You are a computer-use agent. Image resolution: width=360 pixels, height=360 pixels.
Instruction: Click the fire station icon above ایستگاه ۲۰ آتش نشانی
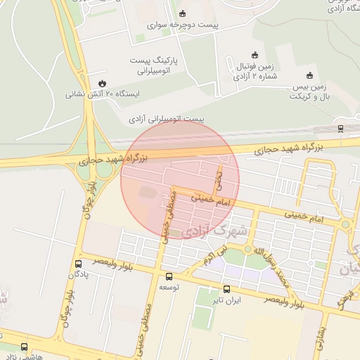103,83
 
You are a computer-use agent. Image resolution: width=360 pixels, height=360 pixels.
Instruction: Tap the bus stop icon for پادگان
78,264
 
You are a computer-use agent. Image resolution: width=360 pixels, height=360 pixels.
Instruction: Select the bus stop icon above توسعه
168,276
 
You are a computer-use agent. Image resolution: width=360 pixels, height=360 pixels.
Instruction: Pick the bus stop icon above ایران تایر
226,289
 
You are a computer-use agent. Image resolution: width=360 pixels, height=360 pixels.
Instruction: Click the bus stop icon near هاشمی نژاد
25,347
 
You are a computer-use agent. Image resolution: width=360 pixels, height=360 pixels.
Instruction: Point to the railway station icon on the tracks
340,128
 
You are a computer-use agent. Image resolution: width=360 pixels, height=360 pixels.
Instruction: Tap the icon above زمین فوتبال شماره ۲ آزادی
255,56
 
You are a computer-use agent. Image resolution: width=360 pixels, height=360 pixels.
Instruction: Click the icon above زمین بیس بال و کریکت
309,75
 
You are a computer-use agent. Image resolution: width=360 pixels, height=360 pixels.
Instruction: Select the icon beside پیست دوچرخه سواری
183,14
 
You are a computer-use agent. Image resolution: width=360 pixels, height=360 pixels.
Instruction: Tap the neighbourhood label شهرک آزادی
214,231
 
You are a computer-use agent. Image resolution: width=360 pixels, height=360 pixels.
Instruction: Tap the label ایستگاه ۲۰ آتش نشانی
102,93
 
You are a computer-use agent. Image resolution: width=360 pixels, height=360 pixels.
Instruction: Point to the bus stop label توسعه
169,288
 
